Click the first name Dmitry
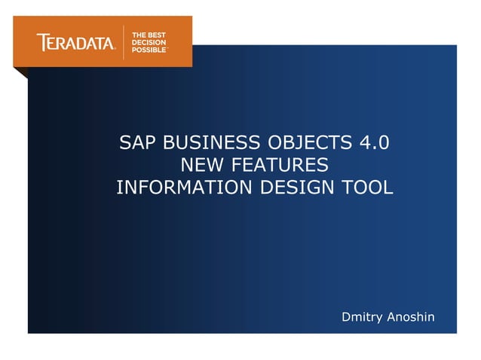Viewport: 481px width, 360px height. pyautogui.click(x=363, y=317)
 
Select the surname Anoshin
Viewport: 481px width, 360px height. pyautogui.click(x=411, y=317)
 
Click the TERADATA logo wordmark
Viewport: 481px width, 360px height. pyautogui.click(x=75, y=43)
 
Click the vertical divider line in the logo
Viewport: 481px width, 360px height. pyautogui.click(x=124, y=42)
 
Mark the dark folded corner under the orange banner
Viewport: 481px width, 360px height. pyautogui.click(x=20, y=73)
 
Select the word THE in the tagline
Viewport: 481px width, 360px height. pyautogui.click(x=139, y=35)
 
